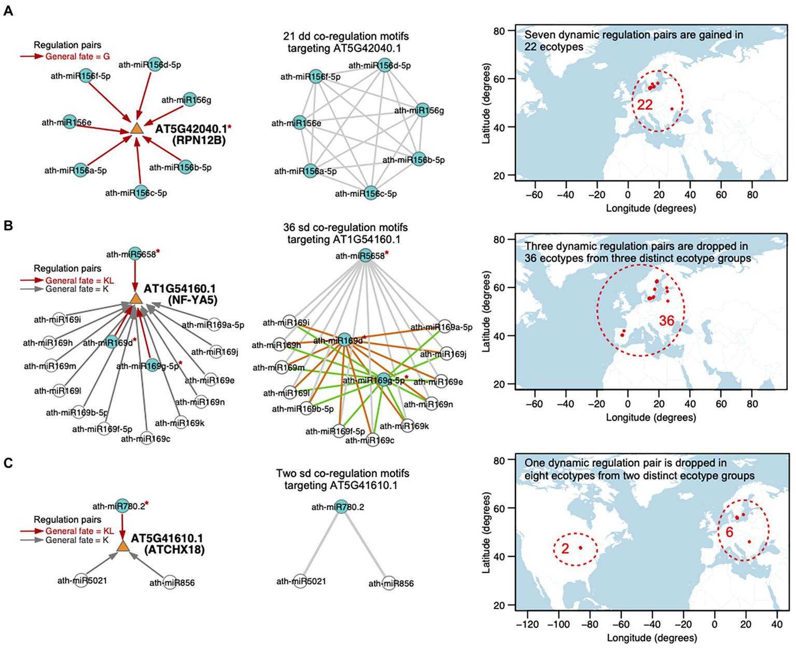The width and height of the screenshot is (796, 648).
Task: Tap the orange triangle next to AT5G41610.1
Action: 122,546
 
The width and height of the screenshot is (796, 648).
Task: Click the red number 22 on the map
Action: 645,105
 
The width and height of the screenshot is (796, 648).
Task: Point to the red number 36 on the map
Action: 666,321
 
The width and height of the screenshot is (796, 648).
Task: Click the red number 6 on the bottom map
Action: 730,532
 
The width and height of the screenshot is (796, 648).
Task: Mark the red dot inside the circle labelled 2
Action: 581,547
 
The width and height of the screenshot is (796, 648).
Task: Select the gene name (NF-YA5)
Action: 192,300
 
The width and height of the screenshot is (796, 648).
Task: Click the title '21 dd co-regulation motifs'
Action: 346,37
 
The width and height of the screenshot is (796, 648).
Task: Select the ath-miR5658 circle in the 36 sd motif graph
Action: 366,256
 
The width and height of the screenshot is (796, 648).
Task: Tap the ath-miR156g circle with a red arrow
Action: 190,100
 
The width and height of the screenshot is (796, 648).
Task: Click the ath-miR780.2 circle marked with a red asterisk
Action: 122,506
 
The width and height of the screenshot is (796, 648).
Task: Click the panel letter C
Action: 8,463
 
